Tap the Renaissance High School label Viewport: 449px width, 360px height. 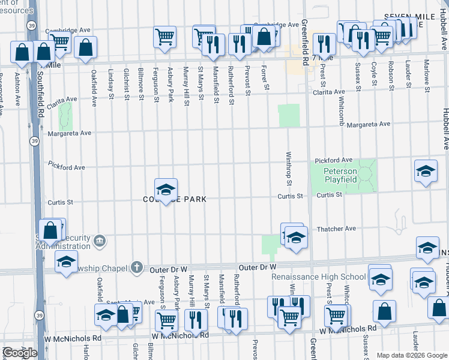tap(319, 277)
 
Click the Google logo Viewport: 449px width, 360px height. tap(20, 353)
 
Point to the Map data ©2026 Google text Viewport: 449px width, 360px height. tap(411, 355)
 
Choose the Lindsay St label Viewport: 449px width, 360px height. tap(111, 80)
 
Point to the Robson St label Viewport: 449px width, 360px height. tap(391, 76)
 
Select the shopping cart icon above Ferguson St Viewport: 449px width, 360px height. tap(165, 37)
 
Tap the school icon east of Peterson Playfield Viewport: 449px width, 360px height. tap(426, 171)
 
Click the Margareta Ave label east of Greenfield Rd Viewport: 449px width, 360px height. tap(369, 124)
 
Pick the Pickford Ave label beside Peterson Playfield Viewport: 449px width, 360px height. tap(334, 160)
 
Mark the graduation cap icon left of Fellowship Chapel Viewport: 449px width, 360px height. tap(66, 262)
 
